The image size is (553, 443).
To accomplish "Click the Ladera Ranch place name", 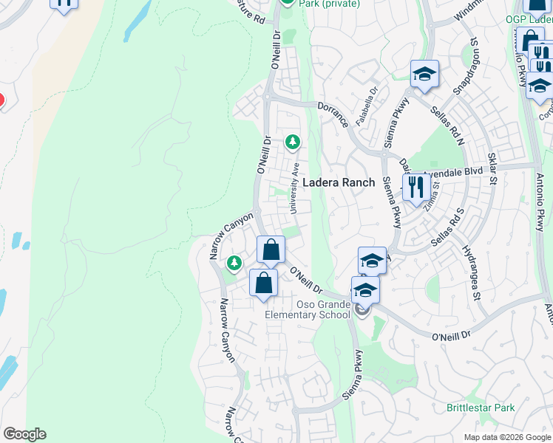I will (x=339, y=182).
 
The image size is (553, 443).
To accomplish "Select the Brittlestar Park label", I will (x=481, y=408).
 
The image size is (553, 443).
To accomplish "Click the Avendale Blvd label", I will (x=452, y=171).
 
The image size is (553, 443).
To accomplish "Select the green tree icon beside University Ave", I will (x=294, y=141).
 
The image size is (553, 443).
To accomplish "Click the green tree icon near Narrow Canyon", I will (x=234, y=262).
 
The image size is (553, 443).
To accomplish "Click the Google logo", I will (x=24, y=434).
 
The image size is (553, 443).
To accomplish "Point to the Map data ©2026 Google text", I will (x=507, y=437).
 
